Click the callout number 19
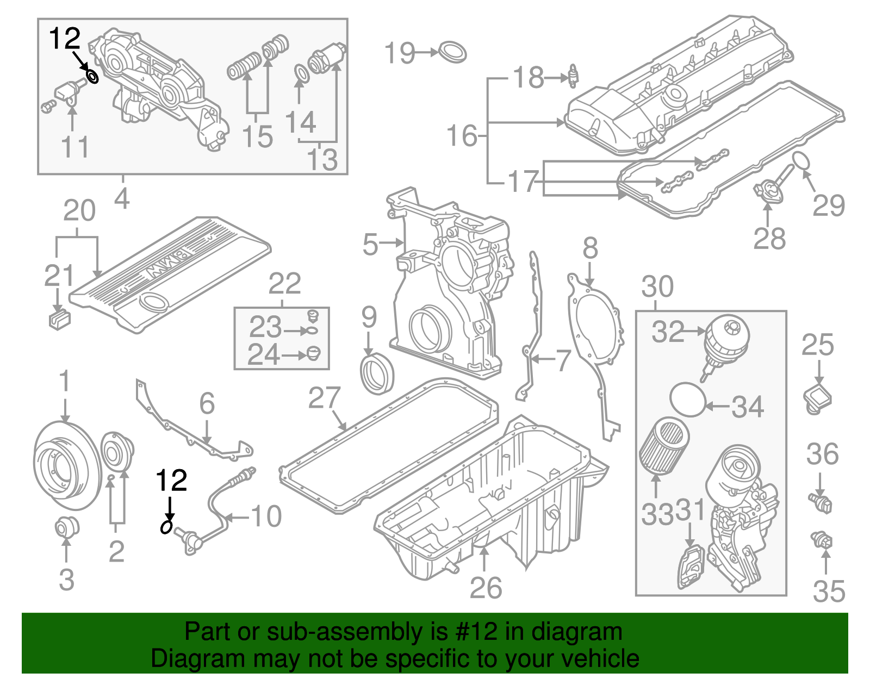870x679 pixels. click(400, 53)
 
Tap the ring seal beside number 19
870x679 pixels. click(452, 52)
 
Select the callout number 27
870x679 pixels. click(324, 398)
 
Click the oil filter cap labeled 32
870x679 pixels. click(726, 340)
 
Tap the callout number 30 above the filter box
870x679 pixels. click(657, 286)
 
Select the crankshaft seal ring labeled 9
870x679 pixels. click(376, 374)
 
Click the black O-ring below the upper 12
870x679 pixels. click(93, 77)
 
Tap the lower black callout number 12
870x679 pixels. click(171, 481)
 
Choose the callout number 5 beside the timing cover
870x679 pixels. click(370, 244)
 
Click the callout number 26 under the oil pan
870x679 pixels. click(486, 588)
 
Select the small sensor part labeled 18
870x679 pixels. click(573, 76)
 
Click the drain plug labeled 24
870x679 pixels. click(314, 353)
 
